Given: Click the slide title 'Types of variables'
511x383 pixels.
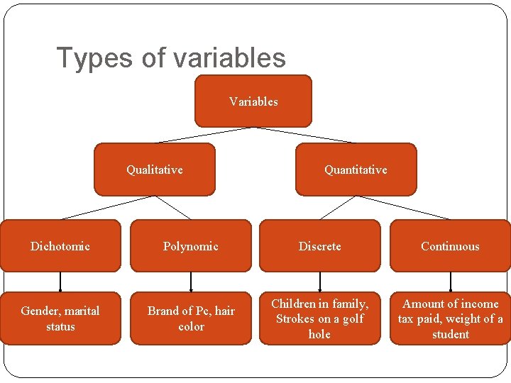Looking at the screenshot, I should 171,58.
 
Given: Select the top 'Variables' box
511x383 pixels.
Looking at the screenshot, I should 253,101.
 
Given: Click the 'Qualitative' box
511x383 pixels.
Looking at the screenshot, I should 155,170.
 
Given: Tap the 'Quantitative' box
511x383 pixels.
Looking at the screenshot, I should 356,170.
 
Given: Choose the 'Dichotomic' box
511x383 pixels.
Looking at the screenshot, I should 60,246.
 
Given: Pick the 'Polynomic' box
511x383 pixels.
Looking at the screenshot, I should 191,246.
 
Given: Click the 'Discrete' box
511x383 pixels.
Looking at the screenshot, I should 319,246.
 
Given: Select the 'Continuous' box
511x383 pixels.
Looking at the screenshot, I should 450,246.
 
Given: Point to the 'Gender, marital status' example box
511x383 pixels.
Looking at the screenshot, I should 60,318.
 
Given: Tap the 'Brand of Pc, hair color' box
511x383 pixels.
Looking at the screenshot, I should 191,318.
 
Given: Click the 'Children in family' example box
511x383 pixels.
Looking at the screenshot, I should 319,318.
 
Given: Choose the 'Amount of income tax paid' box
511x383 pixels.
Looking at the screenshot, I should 450,318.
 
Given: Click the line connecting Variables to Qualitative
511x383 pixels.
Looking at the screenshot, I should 206,135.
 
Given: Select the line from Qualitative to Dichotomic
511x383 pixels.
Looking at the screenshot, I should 107,207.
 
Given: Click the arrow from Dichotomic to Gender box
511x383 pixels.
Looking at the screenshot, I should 60,282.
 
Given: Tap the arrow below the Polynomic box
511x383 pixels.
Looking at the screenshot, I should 191,282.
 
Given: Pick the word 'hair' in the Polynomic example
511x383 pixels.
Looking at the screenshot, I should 224,311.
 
